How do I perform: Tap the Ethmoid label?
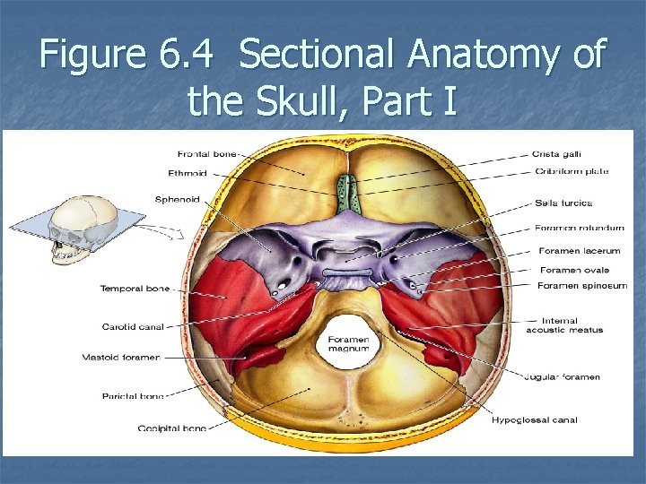pos(187,173)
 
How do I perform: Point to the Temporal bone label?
pos(135,289)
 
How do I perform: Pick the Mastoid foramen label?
pos(130,358)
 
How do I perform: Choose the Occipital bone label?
pos(171,428)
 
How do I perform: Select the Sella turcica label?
pos(563,203)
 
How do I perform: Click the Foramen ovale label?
pos(574,270)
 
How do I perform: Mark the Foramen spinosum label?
pos(581,286)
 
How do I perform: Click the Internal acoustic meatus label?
pos(564,325)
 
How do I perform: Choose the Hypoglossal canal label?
pos(535,419)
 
